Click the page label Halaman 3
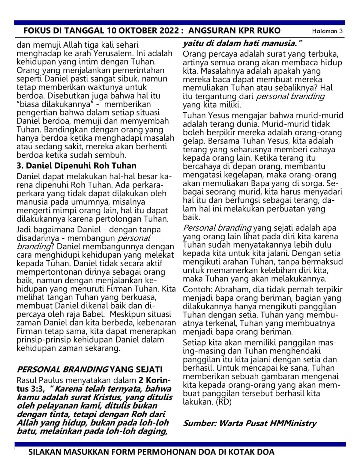pos(327,31)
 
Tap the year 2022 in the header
pos(168,31)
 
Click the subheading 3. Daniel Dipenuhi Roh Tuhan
pos(76,165)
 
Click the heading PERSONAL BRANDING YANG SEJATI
pos(89,369)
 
